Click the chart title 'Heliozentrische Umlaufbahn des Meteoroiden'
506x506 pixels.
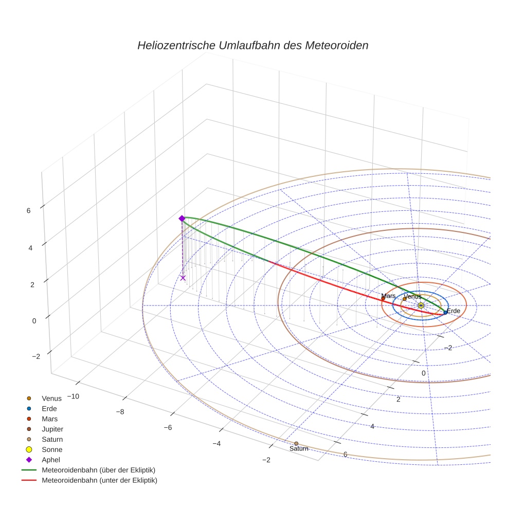pyautogui.click(x=252, y=45)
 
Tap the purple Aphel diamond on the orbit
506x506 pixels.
pyautogui.click(x=182, y=219)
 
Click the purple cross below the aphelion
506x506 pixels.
pyautogui.click(x=183, y=278)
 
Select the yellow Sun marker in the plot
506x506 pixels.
pyautogui.click(x=421, y=305)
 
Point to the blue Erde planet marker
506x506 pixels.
pyautogui.click(x=445, y=312)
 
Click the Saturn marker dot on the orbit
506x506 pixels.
pyautogui.click(x=296, y=443)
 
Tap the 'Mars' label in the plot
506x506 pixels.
pyautogui.click(x=388, y=296)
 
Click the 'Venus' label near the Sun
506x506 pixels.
pyautogui.click(x=412, y=296)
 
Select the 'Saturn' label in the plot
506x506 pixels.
pyautogui.click(x=299, y=449)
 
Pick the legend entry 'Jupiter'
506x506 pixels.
pyautogui.click(x=52, y=429)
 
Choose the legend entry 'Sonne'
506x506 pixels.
pyautogui.click(x=52, y=449)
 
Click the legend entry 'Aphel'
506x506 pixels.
pyautogui.click(x=50, y=460)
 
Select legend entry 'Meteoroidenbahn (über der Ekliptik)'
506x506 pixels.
pyautogui.click(x=98, y=470)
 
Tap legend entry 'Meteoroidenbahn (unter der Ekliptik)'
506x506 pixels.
pyautogui.click(x=99, y=480)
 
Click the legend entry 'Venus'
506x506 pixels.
pyautogui.click(x=51, y=398)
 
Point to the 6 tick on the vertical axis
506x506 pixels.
pyautogui.click(x=28, y=210)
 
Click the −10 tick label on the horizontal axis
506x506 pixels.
pyautogui.click(x=71, y=396)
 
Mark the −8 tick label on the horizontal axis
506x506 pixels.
pyautogui.click(x=120, y=412)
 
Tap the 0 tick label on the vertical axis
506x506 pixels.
pyautogui.click(x=34, y=320)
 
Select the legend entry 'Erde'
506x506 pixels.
pyautogui.click(x=49, y=408)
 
